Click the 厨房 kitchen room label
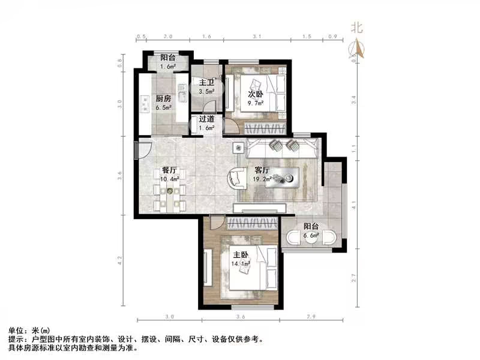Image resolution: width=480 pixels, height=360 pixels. coord(164,99)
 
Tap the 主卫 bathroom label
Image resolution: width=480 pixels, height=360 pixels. coord(207,84)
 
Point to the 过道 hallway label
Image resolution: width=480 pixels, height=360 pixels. coord(207,119)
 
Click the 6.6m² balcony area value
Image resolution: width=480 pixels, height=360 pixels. coord(311,236)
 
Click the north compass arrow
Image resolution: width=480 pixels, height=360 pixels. coord(358,47)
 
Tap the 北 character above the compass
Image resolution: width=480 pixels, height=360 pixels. coord(358,27)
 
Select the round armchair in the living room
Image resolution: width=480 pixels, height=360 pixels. coord(236,178)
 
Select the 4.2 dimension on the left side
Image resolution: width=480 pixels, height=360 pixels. coord(120,260)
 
